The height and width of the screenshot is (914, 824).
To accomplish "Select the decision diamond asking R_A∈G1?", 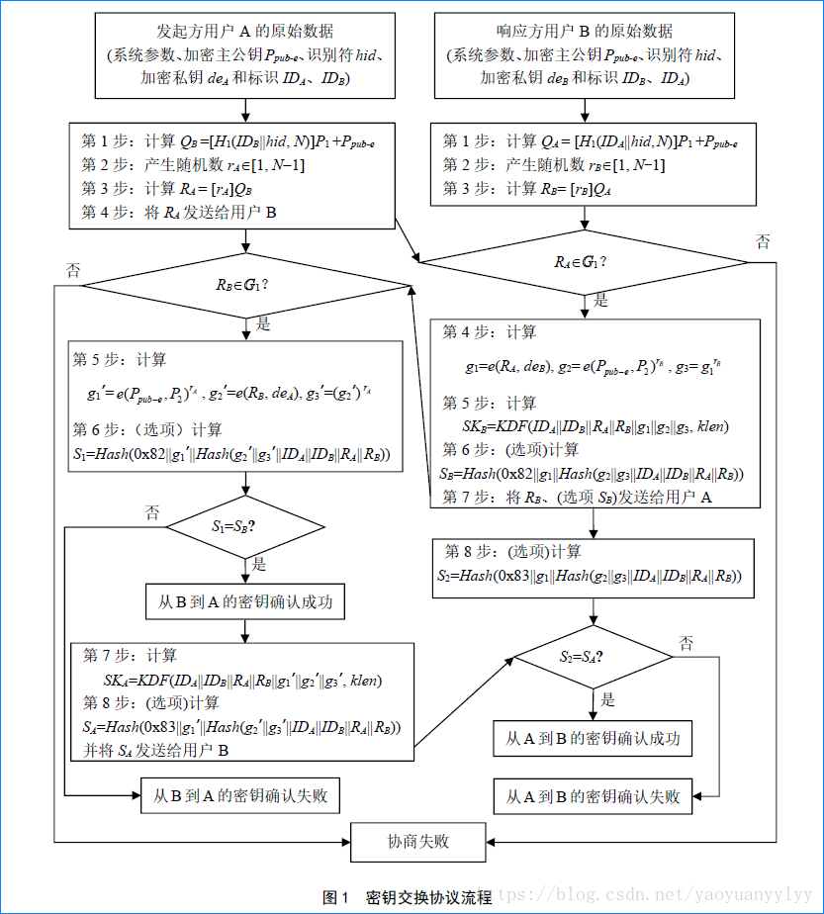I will (x=584, y=262).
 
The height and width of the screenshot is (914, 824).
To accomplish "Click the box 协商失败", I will (x=417, y=842).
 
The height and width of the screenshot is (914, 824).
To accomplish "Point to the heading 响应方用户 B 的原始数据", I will (x=584, y=31).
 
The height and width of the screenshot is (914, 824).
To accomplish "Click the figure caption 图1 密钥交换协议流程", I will (x=408, y=897).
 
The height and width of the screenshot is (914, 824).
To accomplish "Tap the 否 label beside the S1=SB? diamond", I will (x=152, y=512).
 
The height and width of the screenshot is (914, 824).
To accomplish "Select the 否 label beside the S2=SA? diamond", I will (x=687, y=644).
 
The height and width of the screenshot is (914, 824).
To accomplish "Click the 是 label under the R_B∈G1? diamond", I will (x=263, y=324).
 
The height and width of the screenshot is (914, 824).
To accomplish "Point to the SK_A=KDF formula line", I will (x=243, y=681).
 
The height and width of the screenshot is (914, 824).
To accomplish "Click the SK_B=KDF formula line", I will (x=595, y=426).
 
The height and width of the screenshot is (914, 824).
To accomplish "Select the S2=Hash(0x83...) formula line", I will (x=590, y=575).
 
